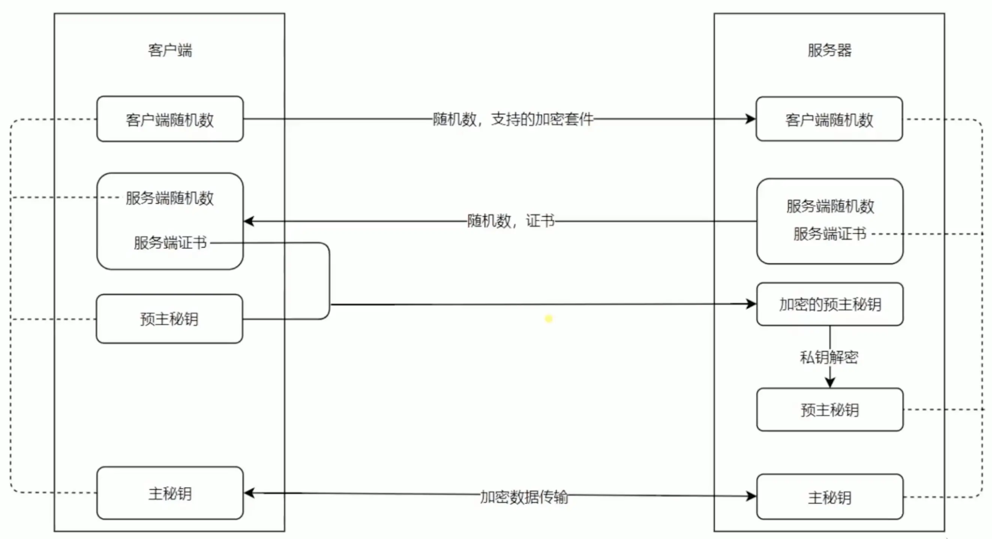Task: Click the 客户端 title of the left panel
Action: click(x=170, y=51)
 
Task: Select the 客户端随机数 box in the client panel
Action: click(x=170, y=119)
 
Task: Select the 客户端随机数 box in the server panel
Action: click(x=829, y=119)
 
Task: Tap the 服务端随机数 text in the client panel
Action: click(x=170, y=198)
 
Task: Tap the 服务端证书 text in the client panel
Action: click(x=170, y=243)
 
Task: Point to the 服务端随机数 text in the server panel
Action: click(x=830, y=207)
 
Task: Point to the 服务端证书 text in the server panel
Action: click(x=830, y=234)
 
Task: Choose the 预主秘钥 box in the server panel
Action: click(x=830, y=410)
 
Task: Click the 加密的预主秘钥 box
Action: click(x=830, y=304)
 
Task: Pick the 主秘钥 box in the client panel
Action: click(x=170, y=494)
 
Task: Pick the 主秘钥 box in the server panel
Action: click(x=830, y=497)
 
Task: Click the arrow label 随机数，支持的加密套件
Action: click(x=513, y=119)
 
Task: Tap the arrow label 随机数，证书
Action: click(x=511, y=222)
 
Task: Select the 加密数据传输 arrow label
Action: click(x=524, y=497)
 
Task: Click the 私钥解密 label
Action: click(x=829, y=357)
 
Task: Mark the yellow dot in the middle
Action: click(x=549, y=319)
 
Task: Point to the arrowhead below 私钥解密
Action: click(x=830, y=382)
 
